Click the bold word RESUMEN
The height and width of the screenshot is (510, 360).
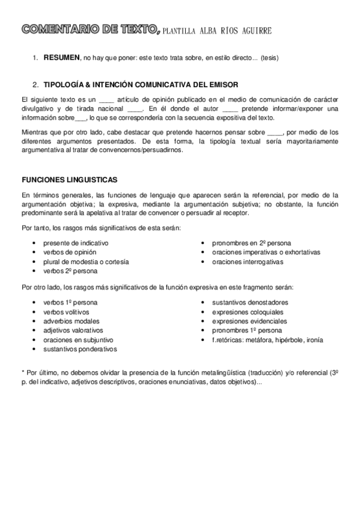point(61,57)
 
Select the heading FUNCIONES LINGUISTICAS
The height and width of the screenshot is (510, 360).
point(69,180)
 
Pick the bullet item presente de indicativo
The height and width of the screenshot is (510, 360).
point(76,242)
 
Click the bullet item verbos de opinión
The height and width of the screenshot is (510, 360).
point(69,252)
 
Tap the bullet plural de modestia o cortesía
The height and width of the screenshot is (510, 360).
point(86,262)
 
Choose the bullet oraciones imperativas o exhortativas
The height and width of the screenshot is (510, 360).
point(266,252)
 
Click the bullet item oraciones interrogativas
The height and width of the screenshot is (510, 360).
point(248,262)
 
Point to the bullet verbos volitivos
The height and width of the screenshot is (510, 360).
point(66,312)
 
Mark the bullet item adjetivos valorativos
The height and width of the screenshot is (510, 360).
point(73,330)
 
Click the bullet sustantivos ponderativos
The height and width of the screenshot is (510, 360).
point(80,349)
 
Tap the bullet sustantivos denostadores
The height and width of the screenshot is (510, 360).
point(250,302)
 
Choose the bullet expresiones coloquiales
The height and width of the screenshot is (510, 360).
point(248,312)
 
